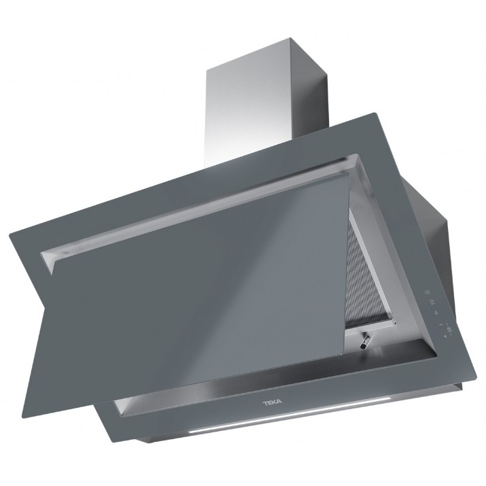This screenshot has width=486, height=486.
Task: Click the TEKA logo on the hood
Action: (x=272, y=402)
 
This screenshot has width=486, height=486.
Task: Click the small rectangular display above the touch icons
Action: (x=428, y=292)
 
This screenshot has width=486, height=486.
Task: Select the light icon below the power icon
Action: (x=436, y=313)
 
